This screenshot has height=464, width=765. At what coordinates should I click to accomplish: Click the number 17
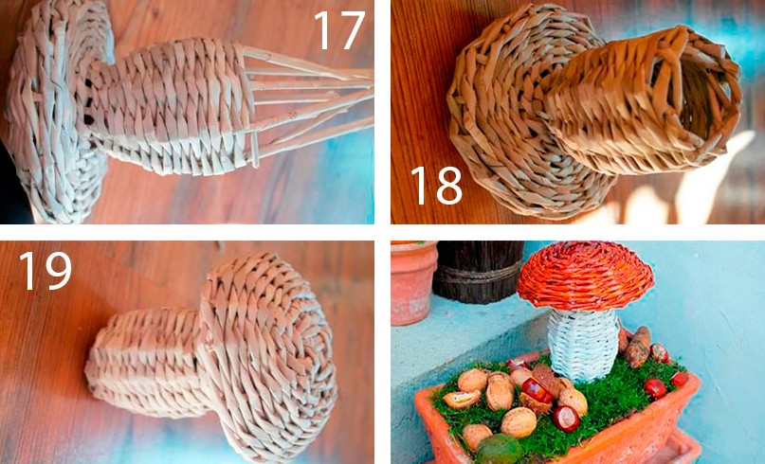tap(339, 30)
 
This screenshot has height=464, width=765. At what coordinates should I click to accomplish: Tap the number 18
tap(436, 186)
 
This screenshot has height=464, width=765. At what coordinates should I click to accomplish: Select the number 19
tap(45, 271)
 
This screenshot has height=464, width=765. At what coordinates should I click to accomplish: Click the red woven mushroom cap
tap(585, 276)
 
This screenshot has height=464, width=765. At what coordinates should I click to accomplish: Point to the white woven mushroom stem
tap(583, 344)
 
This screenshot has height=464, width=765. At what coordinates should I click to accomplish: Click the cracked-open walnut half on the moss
tap(461, 400)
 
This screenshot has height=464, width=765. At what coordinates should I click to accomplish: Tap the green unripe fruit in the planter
tap(498, 449)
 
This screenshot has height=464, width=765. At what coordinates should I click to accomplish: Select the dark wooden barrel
tap(478, 271)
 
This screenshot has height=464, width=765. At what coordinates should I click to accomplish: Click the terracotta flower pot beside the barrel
tap(412, 283)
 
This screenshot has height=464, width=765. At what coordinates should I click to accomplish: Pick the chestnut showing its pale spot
tap(566, 419)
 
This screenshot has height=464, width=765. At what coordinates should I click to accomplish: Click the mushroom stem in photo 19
tap(146, 361)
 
